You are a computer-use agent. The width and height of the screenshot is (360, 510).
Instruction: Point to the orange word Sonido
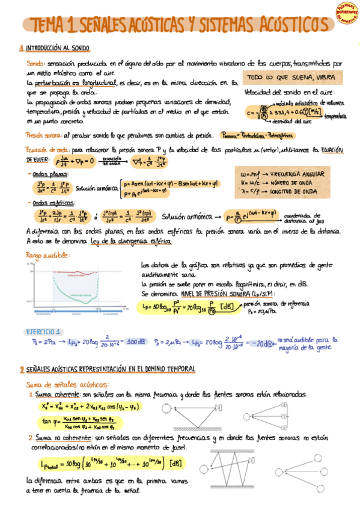point(35,63)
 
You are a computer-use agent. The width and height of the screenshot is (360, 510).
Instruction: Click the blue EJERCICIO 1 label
point(43,332)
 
